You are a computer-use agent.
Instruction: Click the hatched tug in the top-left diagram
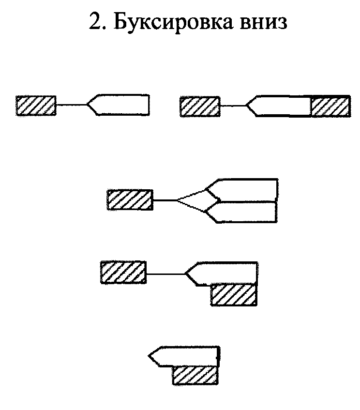36,105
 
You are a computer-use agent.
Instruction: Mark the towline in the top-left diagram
71,105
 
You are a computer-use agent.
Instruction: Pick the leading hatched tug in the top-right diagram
200,106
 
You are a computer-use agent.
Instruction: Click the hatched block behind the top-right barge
330,106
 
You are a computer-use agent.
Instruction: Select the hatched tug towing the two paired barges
130,200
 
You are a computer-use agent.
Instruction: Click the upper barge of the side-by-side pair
244,189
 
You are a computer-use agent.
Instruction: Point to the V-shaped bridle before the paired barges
191,200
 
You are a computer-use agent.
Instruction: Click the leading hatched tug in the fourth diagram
123,273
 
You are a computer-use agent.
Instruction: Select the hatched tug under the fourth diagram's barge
233,295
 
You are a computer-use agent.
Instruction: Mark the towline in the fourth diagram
165,274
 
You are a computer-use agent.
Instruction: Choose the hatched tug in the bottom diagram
195,375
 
